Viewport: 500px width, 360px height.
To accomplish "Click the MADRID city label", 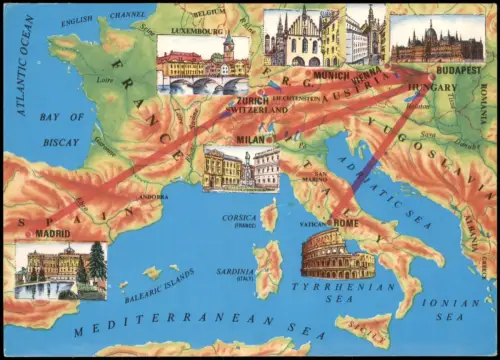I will tap(53, 233).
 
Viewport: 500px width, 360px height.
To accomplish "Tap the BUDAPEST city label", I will tap(459, 71).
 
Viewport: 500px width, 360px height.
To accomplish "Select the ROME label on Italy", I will tap(346, 222).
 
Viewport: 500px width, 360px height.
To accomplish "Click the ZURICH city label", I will tap(252, 100).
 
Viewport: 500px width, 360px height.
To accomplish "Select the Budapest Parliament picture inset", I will tap(437, 40).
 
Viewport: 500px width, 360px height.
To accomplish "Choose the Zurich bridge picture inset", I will tap(202, 66).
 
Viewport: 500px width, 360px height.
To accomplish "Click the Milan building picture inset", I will tap(241, 168).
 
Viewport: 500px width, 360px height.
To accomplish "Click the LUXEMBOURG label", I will tap(197, 30).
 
